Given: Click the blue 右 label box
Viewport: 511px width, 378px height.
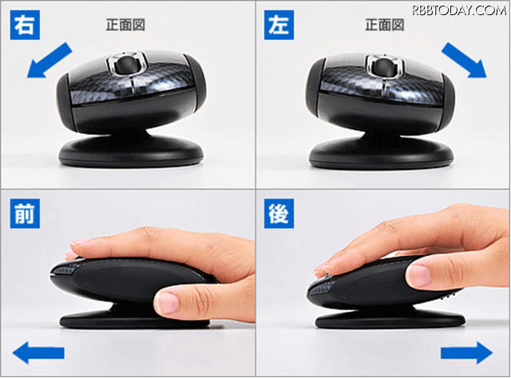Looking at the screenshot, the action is click(25, 25).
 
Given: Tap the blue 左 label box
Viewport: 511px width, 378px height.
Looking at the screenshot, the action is click(279, 25).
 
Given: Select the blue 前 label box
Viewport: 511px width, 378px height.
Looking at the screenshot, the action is click(25, 214).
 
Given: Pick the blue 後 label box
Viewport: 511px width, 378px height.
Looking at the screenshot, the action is click(279, 214).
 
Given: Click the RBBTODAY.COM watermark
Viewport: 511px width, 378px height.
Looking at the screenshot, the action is click(460, 10).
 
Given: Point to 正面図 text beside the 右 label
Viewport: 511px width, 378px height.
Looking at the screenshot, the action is click(125, 25).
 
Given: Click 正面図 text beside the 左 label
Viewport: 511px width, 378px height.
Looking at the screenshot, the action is click(385, 25).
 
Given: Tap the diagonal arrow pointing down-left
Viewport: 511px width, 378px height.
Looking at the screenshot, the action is click(50, 61).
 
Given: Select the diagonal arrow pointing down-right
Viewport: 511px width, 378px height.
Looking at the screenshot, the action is click(464, 61).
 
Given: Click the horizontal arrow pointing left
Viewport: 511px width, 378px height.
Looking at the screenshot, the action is click(38, 353).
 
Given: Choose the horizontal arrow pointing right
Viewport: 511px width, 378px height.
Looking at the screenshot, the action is click(466, 353).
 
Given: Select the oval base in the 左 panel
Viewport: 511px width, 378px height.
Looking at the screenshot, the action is click(381, 152).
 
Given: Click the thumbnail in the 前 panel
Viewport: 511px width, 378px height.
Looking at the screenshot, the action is click(167, 301).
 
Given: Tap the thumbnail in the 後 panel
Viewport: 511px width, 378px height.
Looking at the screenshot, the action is click(418, 275).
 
